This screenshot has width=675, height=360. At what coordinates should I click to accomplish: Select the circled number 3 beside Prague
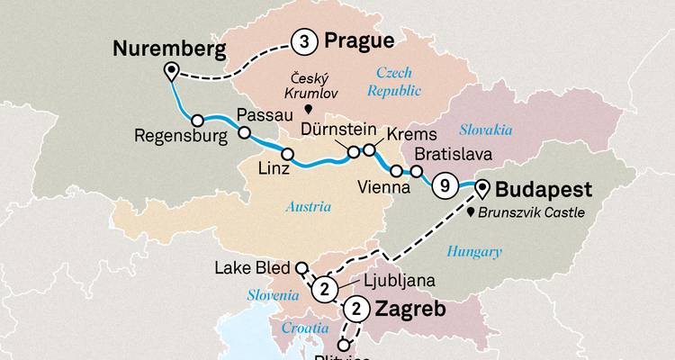[303, 41]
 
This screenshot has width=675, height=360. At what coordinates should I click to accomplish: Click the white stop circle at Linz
[287, 155]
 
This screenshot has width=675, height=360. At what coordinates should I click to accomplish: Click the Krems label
[409, 133]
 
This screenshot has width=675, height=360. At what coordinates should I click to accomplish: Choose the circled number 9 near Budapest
[443, 186]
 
